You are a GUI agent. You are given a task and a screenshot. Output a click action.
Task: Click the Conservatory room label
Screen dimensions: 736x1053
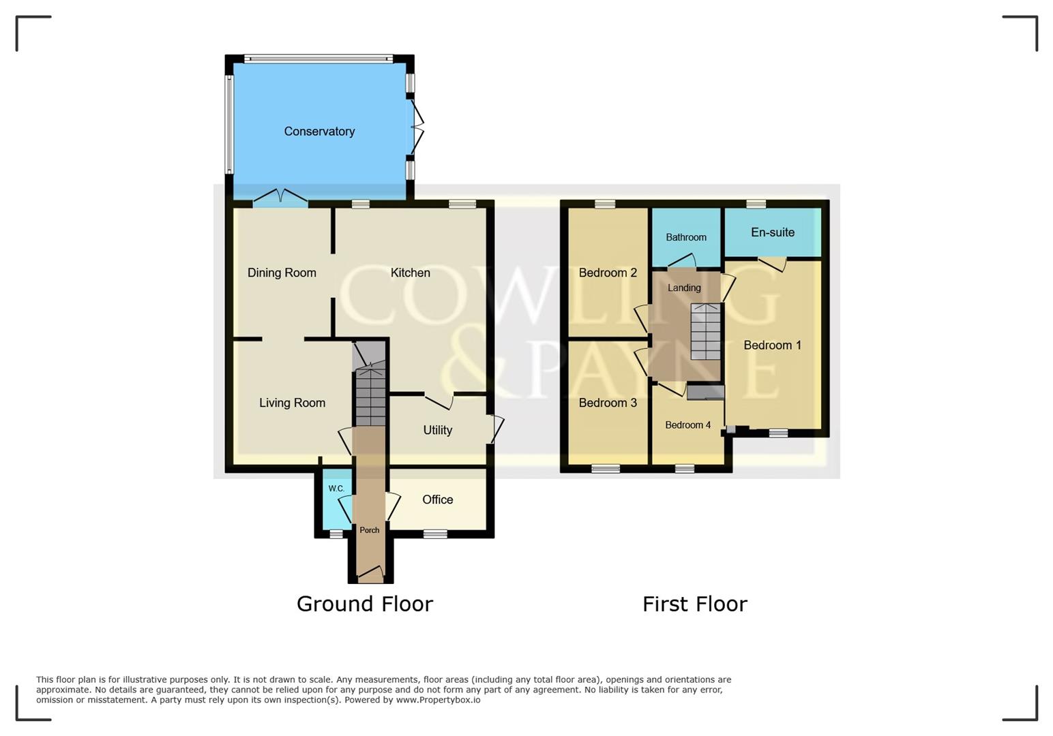(319, 132)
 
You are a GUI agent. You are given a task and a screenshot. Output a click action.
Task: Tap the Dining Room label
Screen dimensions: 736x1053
(282, 273)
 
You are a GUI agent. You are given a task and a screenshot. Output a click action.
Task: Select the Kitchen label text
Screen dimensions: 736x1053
(410, 273)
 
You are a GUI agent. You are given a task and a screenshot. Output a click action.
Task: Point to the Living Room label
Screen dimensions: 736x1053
(292, 403)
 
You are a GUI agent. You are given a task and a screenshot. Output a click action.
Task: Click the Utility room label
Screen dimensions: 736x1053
(437, 430)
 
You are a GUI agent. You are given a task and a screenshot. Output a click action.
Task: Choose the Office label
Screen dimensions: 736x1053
(437, 500)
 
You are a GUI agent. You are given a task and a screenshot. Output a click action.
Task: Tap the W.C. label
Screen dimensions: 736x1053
(336, 489)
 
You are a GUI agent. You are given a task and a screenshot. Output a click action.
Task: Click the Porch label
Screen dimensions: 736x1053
(369, 530)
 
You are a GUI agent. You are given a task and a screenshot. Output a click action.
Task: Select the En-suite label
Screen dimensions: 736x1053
(772, 232)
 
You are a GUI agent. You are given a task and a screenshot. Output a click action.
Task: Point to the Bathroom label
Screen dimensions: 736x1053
(685, 237)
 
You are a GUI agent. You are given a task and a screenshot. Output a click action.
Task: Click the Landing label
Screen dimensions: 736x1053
(683, 288)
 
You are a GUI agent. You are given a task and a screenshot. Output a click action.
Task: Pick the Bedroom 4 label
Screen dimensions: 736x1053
(687, 425)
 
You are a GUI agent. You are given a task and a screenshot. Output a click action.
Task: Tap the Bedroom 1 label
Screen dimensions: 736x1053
(772, 346)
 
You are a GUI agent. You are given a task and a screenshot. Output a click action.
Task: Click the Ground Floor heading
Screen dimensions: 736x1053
(364, 604)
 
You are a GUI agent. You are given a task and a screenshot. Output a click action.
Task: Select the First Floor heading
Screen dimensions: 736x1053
(694, 604)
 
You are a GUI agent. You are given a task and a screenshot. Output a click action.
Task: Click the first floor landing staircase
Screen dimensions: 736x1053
(705, 332)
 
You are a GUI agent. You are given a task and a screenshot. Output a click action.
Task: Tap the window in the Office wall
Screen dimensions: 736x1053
(435, 534)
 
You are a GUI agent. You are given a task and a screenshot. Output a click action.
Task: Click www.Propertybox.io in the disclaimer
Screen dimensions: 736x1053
(438, 700)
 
